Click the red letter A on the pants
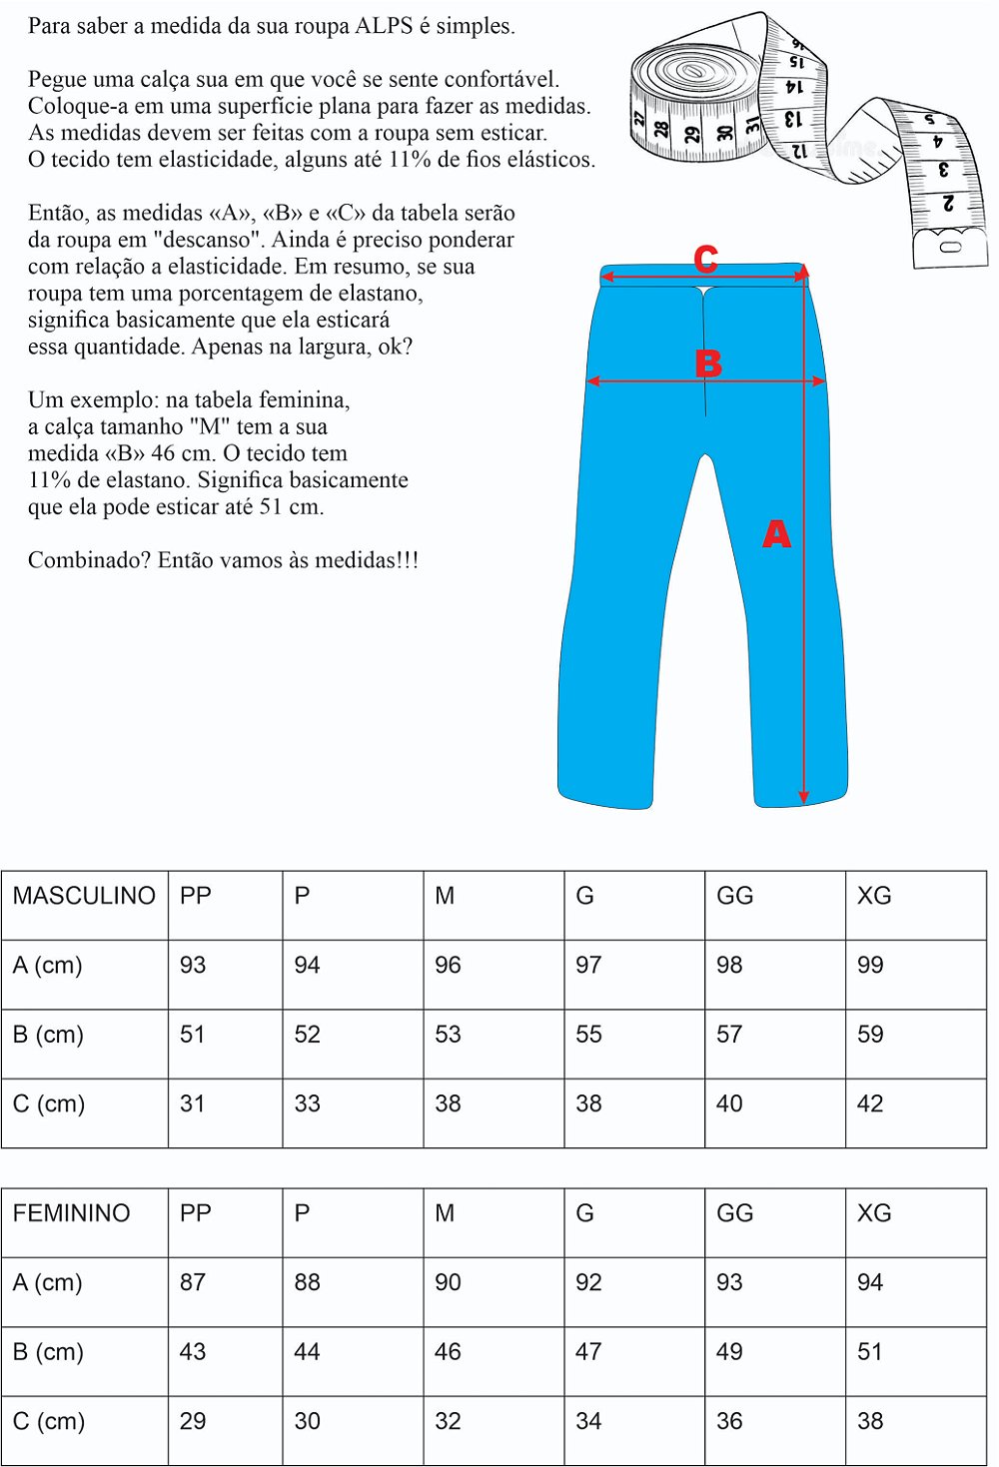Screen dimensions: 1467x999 point(776,534)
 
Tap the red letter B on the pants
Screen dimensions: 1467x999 point(708,364)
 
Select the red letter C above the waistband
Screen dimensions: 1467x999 point(706,260)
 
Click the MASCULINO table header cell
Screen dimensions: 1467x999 point(84,896)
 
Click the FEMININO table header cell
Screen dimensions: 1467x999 point(72,1213)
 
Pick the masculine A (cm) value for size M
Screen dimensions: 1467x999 point(448,966)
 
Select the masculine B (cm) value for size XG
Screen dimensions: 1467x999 point(870,1035)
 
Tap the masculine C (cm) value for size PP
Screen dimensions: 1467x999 point(192,1103)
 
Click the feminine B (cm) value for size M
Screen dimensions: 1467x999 point(448,1352)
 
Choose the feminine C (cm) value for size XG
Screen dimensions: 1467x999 point(870,1421)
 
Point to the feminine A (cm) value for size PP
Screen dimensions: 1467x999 point(192,1282)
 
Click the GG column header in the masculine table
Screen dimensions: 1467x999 point(734,896)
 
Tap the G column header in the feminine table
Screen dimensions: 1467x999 point(585,1213)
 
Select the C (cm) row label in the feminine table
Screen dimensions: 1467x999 point(49,1421)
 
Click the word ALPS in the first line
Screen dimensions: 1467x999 point(384,26)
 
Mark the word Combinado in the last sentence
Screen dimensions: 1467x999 point(89,560)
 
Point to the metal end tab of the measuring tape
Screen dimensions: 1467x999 point(950,246)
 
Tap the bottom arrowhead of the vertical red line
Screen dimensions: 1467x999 point(803,796)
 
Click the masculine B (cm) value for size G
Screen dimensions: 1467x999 point(588,1035)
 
